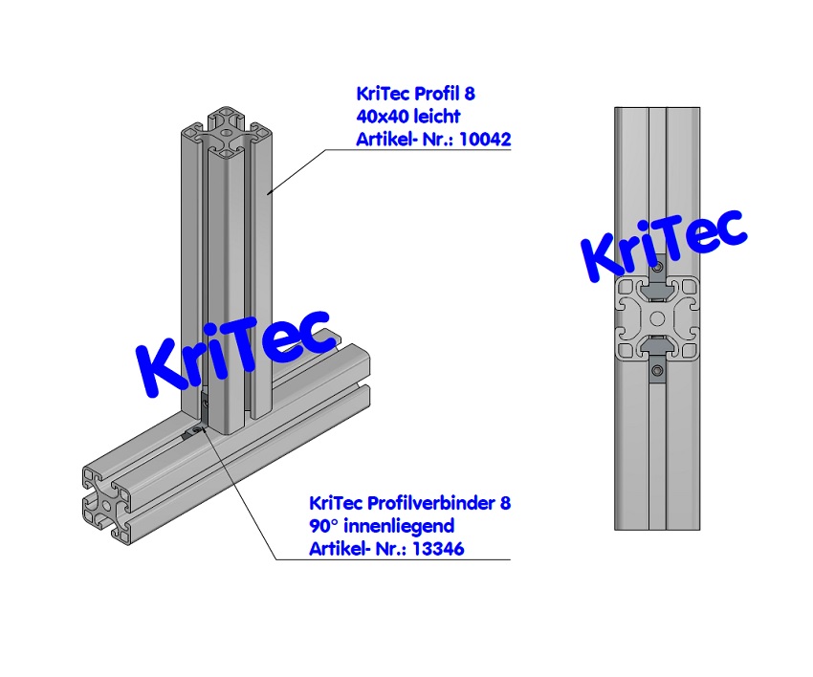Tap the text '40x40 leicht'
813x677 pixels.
[407, 117]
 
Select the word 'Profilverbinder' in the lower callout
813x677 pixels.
[432, 503]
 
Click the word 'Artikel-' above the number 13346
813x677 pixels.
[337, 549]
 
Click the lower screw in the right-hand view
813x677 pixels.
[656, 370]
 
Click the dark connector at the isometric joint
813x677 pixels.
[191, 431]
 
